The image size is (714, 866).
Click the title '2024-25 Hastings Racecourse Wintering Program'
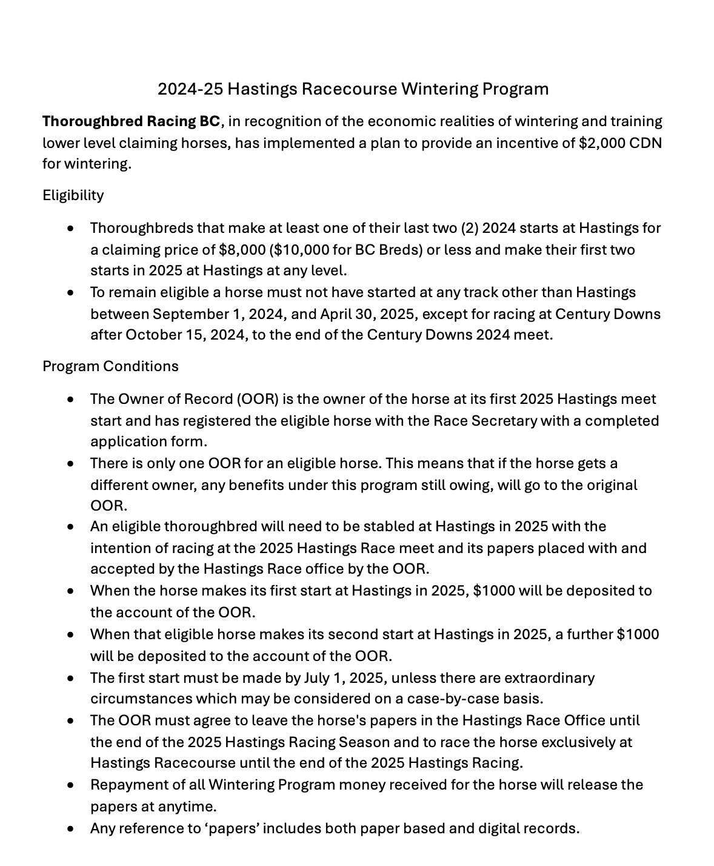tap(353, 89)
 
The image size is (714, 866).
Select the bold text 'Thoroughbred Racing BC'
tap(132, 121)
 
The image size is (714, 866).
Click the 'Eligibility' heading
tap(73, 195)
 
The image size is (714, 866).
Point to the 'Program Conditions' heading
tap(110, 366)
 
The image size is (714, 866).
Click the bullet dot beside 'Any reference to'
tap(72, 828)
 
